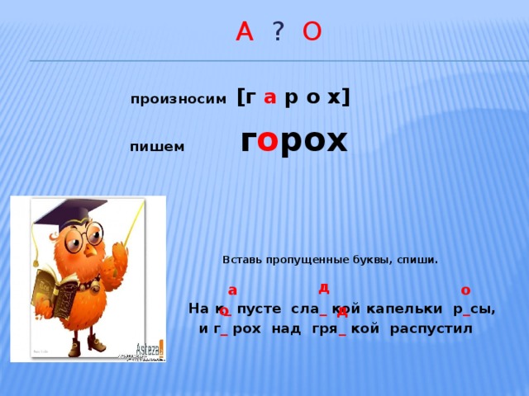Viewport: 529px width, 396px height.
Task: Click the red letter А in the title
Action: pyautogui.click(x=244, y=32)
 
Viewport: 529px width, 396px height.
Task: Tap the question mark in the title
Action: pyautogui.click(x=279, y=32)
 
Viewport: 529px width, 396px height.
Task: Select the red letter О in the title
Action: pyautogui.click(x=312, y=32)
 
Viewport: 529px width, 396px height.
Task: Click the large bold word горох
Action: pyautogui.click(x=293, y=141)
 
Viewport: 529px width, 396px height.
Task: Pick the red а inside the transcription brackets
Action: pyautogui.click(x=269, y=97)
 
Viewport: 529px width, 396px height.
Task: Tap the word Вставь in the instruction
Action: pyautogui.click(x=241, y=260)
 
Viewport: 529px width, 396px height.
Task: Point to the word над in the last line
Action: pyautogui.click(x=286, y=329)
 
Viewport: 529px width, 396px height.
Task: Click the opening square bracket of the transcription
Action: pyautogui.click(x=241, y=97)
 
